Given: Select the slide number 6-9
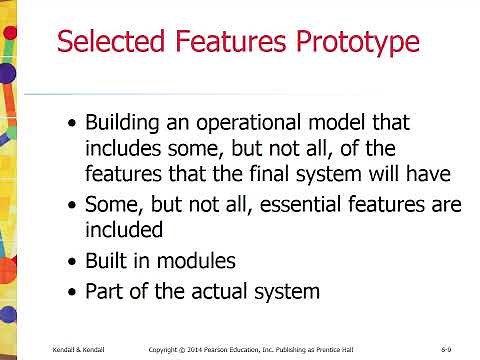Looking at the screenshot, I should (447, 349).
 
